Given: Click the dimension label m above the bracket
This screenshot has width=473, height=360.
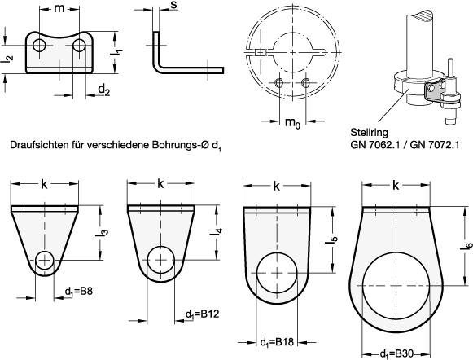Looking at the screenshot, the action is click(x=59, y=9).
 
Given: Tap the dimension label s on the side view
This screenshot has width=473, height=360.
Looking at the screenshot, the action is click(x=173, y=5).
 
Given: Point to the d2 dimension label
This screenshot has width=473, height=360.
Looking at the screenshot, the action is click(x=104, y=90).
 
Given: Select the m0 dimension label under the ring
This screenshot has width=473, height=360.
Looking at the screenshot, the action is click(x=292, y=122).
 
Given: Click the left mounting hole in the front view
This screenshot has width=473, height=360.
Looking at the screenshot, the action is click(x=39, y=46).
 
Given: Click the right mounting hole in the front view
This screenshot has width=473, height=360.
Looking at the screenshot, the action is click(x=79, y=46).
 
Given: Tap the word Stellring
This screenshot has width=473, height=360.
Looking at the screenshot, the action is click(x=369, y=133).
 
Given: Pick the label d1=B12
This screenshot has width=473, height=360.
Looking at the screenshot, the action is click(x=202, y=314).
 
